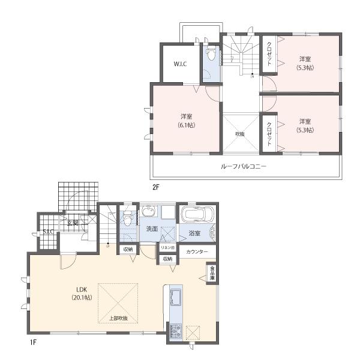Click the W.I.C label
pos(181,65)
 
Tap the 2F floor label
pos(155,187)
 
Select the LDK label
pos(81,287)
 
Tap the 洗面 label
pos(152,229)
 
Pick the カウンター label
pos(197,252)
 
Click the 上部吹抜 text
pos(119,317)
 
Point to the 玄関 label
pos(73,223)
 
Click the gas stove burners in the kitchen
pos(176,330)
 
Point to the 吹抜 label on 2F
pos(239,134)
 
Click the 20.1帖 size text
pos(81,297)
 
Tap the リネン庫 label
pos(167,248)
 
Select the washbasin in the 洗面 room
pos(149,212)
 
